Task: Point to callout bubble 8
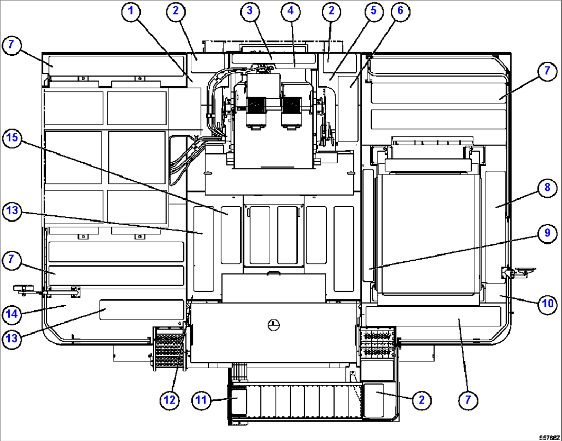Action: [547, 188]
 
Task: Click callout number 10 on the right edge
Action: [547, 304]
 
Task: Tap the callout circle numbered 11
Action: [203, 400]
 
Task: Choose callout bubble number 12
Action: [171, 400]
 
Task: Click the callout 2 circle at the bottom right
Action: [421, 400]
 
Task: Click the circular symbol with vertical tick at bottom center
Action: [274, 324]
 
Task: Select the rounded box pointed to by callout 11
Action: [238, 401]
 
